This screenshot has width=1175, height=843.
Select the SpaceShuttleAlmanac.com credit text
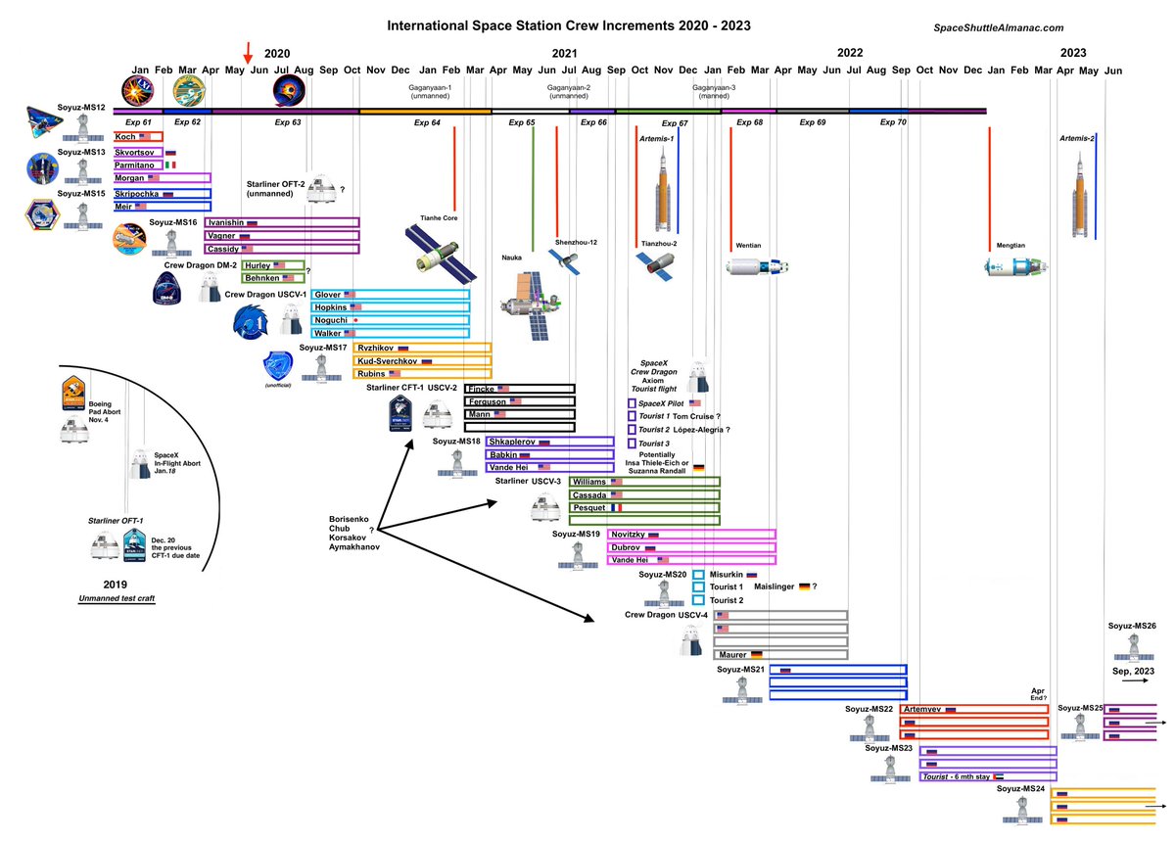click(991, 28)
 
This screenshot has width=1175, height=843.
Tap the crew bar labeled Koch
click(138, 136)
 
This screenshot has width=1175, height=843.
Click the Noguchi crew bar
click(390, 320)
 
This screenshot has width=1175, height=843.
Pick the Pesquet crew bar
click(644, 508)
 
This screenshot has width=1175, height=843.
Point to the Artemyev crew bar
click(973, 709)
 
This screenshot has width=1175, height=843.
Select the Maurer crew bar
click(780, 654)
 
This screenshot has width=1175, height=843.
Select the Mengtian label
click(1010, 246)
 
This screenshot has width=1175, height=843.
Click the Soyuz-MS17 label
click(324, 348)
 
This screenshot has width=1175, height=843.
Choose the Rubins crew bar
click(421, 373)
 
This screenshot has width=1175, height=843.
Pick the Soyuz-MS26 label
click(1132, 626)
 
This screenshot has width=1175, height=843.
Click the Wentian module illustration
click(757, 266)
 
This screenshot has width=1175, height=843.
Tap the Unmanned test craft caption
click(118, 598)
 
